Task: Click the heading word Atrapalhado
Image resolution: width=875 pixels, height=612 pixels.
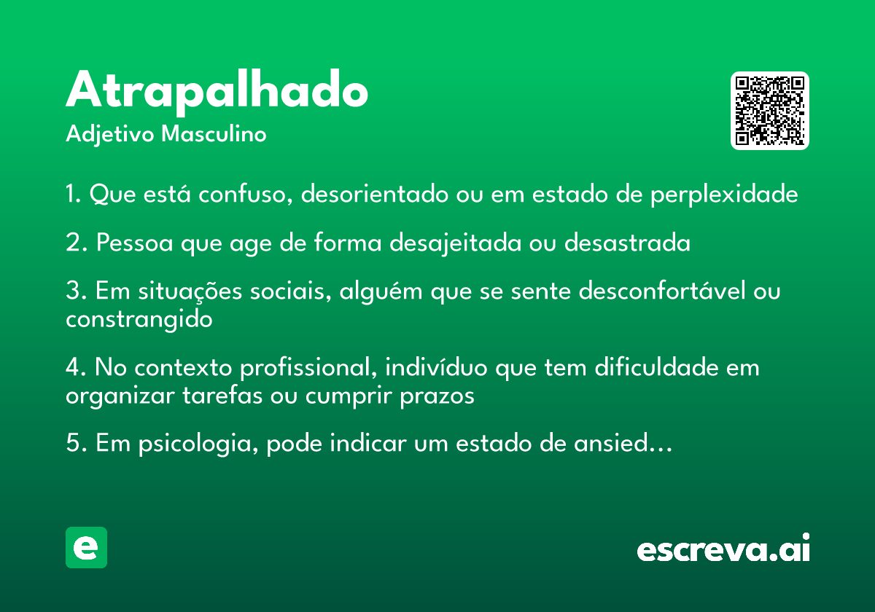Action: pos(217,92)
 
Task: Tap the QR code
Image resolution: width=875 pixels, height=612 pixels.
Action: pos(769,111)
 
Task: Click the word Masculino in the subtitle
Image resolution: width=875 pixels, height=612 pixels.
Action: pos(214,134)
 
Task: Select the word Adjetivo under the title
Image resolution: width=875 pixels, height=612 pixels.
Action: pos(110,135)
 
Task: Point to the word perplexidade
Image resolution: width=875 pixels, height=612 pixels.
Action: pos(724,194)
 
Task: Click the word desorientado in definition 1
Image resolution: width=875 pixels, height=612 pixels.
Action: pos(374,194)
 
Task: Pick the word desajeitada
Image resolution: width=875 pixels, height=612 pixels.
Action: pos(455,243)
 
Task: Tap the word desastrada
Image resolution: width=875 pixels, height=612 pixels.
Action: pos(627,243)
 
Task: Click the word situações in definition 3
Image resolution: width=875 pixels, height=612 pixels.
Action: pos(190,291)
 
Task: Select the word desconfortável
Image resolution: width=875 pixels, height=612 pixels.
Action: pos(662,291)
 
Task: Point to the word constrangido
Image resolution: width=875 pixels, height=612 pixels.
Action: pos(139,320)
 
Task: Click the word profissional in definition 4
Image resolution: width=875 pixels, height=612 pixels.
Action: pos(308,368)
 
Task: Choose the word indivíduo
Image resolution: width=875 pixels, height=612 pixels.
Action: pos(436,367)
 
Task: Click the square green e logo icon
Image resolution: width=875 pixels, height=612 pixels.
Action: pos(86,547)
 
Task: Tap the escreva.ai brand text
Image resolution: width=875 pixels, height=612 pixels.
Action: pos(723,547)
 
